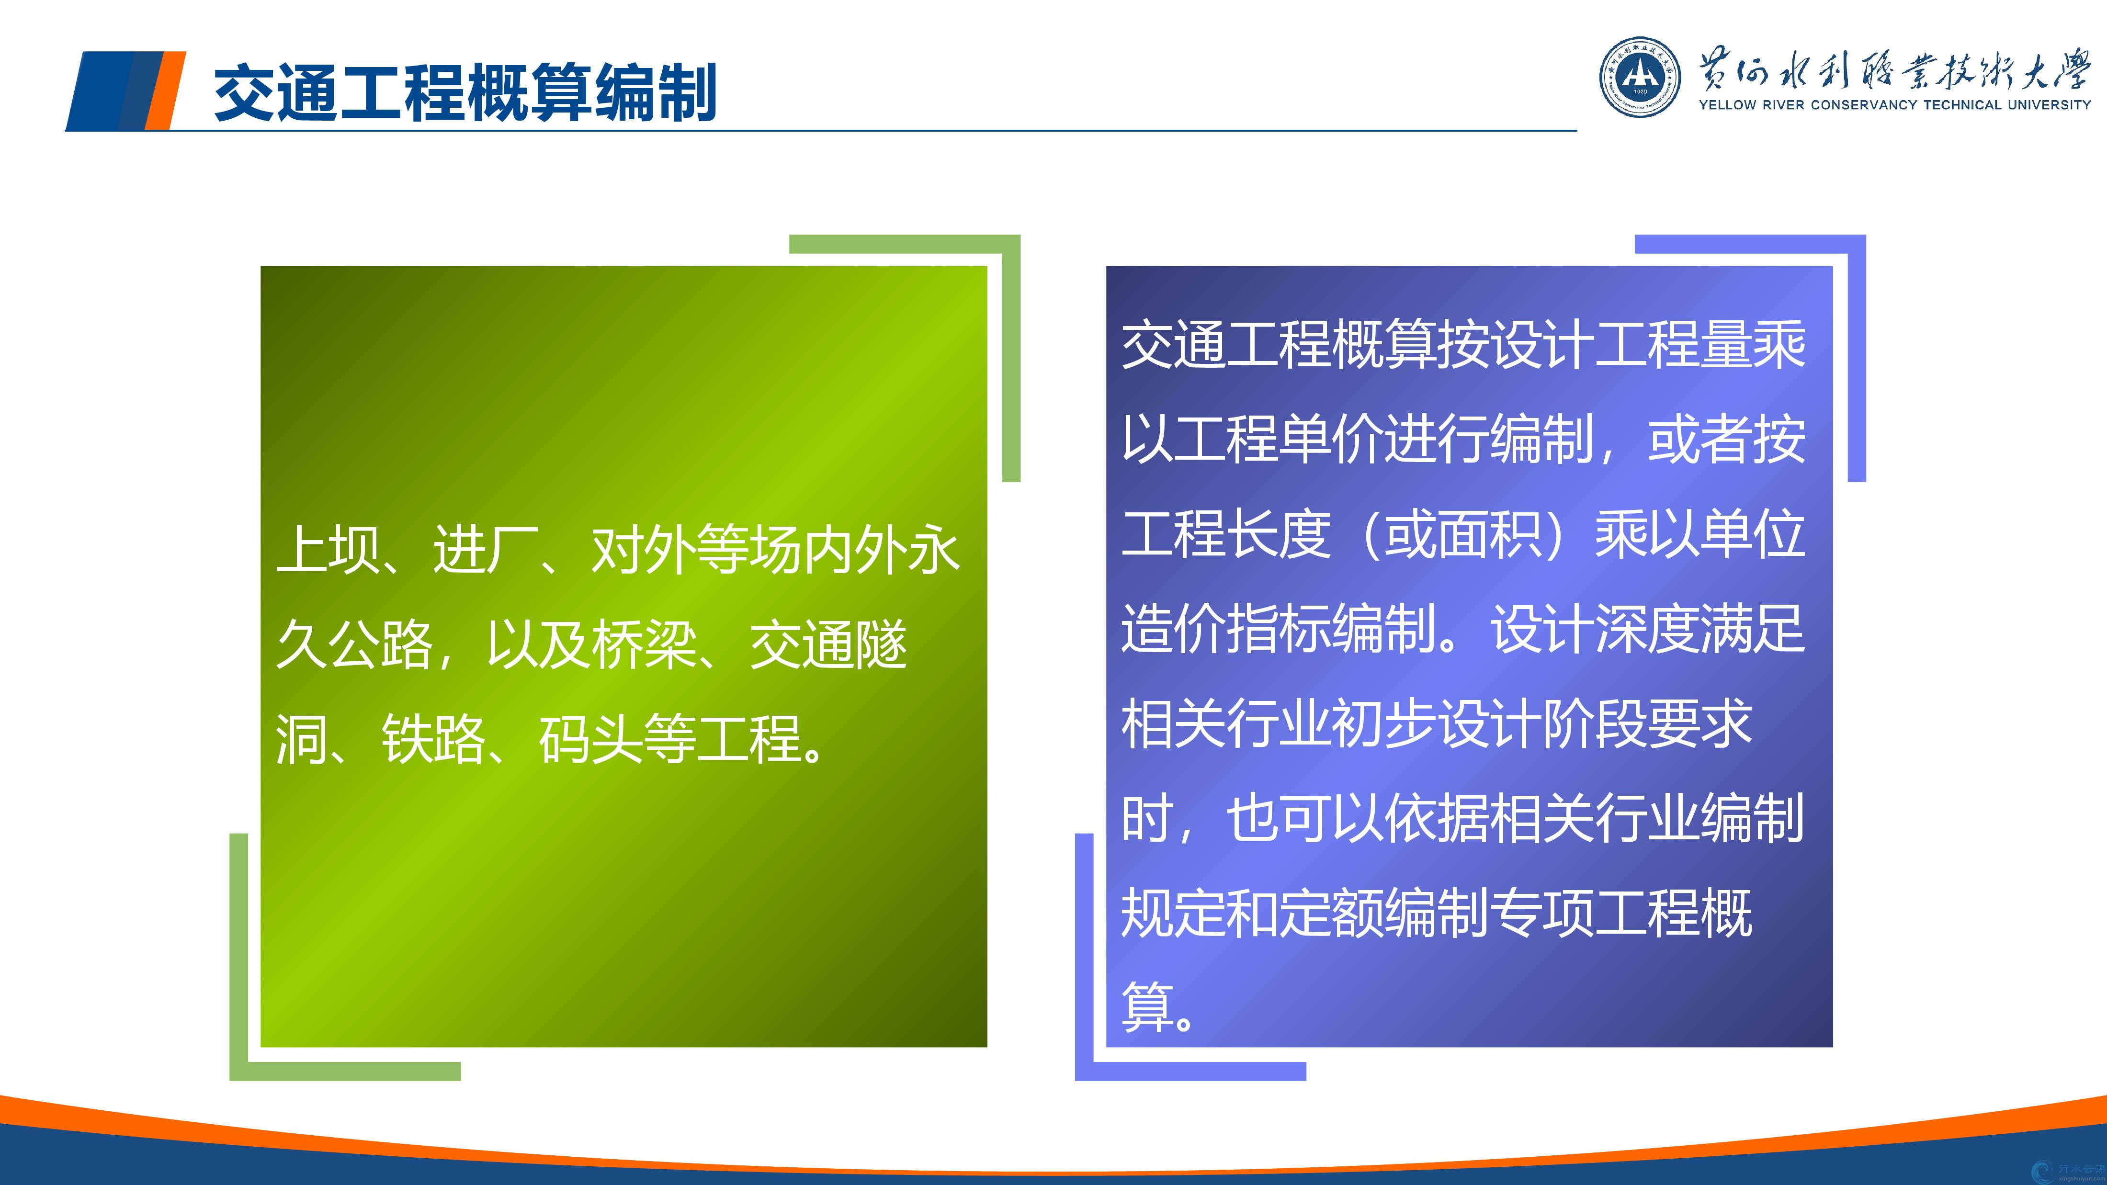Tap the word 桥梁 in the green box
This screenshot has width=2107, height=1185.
click(x=645, y=644)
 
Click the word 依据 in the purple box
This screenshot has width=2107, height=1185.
click(x=1437, y=819)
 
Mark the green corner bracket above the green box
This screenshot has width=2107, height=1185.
click(x=1011, y=244)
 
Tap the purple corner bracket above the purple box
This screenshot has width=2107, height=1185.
click(x=1857, y=244)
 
